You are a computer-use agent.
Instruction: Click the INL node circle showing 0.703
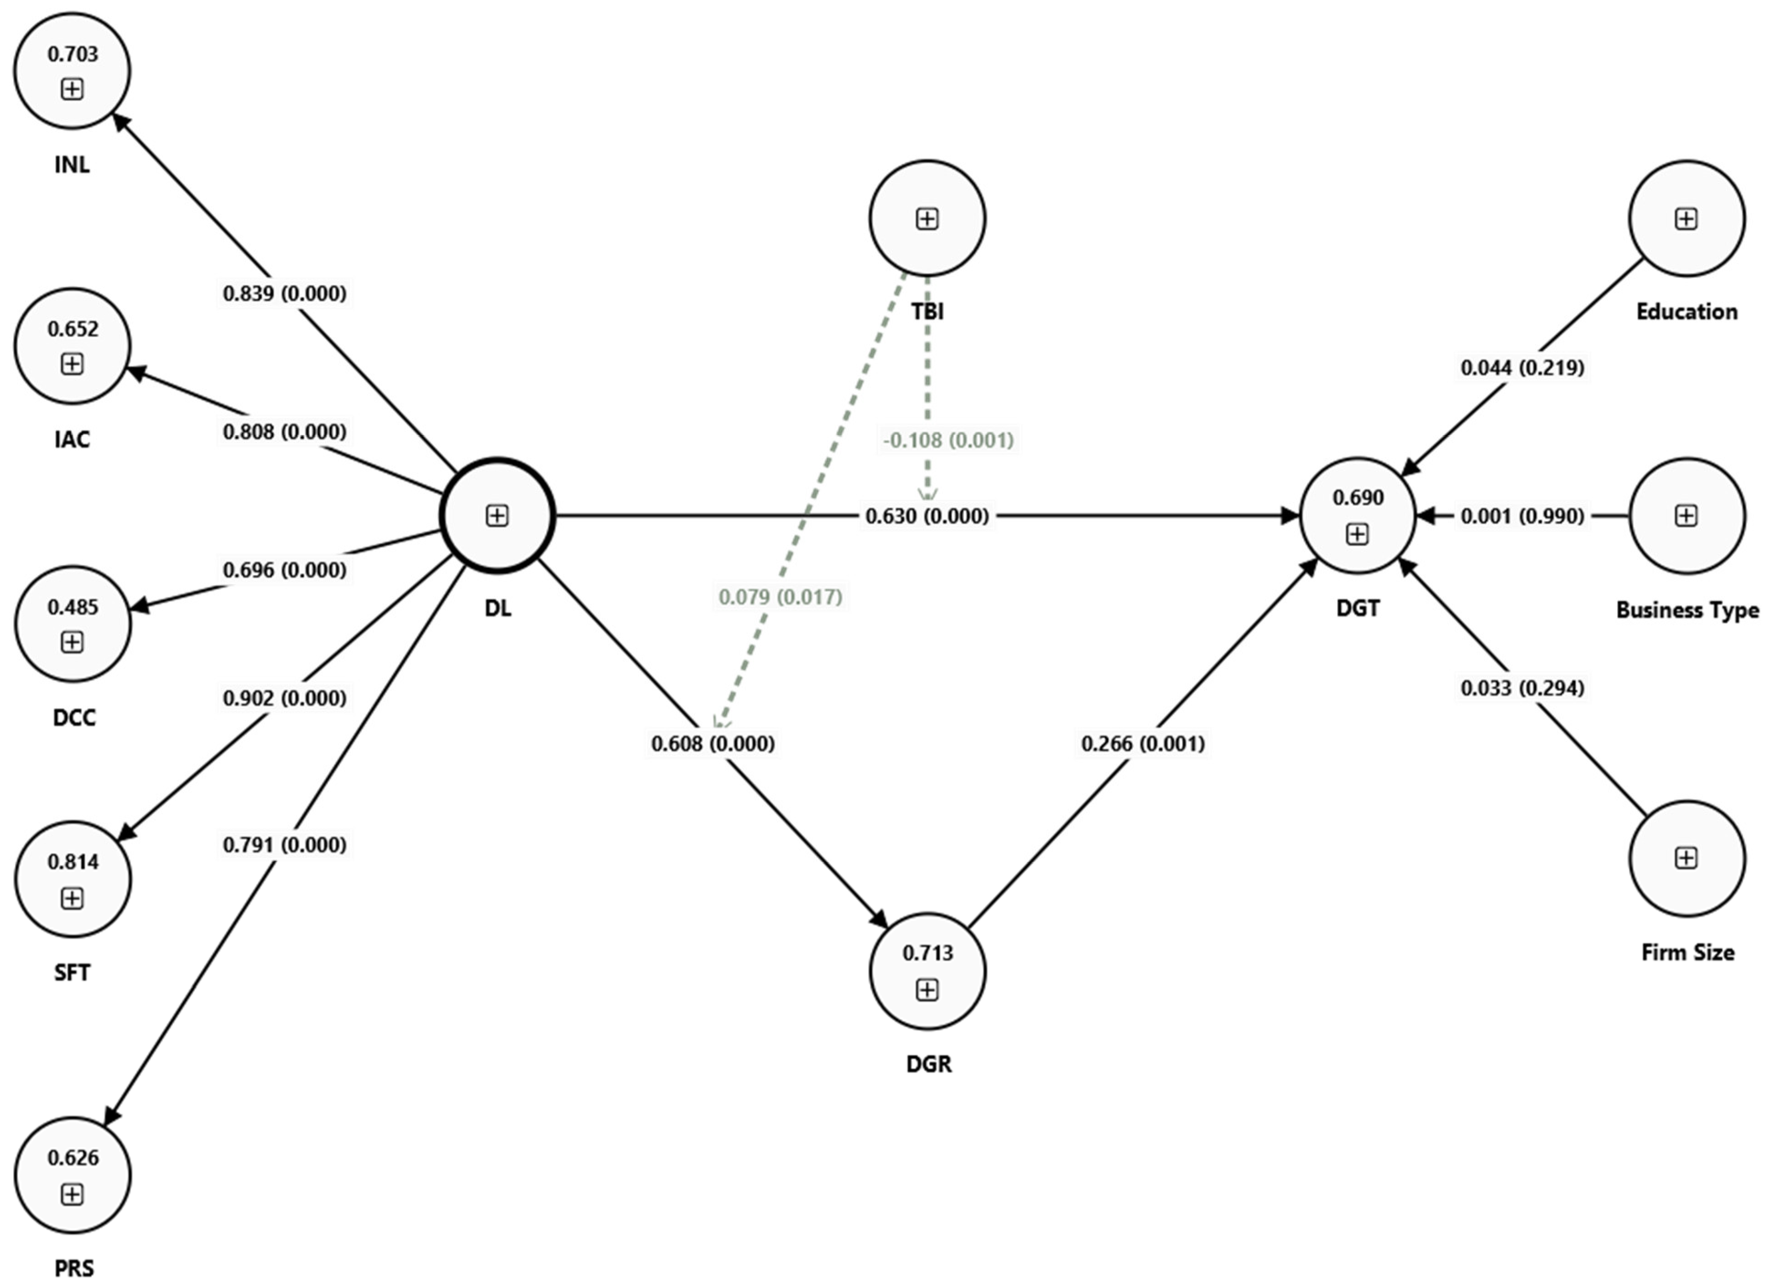[72, 70]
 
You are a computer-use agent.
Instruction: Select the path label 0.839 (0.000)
[284, 293]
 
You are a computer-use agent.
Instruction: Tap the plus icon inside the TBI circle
[927, 219]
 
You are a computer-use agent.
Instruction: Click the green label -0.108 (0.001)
[948, 440]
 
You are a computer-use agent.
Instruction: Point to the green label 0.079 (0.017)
[781, 597]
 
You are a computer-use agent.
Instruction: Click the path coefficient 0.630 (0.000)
[927, 516]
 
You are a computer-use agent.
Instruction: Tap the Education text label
[1687, 312]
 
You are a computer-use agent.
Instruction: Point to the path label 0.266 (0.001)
[1143, 744]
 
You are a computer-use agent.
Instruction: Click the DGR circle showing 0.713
[927, 972]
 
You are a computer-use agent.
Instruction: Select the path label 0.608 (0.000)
[713, 744]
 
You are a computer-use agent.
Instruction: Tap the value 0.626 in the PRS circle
[73, 1157]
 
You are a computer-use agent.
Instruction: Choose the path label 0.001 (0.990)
[1522, 516]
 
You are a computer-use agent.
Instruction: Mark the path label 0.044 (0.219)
[1522, 368]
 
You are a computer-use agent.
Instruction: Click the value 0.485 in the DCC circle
[73, 607]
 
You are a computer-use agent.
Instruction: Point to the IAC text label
[72, 439]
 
